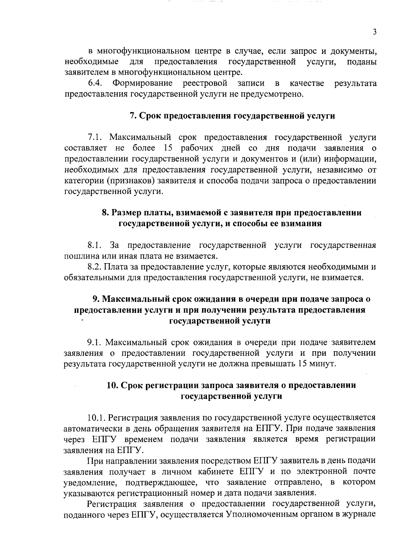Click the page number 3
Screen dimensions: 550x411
pyautogui.click(x=374, y=32)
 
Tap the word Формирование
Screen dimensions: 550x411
pyautogui.click(x=142, y=83)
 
